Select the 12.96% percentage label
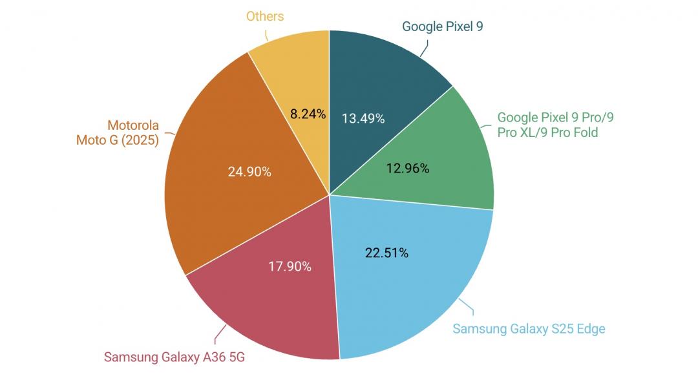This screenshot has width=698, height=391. (x=408, y=169)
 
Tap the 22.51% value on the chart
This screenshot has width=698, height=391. (x=387, y=253)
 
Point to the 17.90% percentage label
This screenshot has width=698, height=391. (x=290, y=266)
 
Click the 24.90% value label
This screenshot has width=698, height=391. (x=249, y=172)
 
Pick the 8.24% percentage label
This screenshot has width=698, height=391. (x=308, y=114)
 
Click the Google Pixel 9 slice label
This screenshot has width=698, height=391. (x=443, y=26)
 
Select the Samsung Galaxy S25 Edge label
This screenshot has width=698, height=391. (x=529, y=328)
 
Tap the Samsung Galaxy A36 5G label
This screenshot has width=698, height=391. (x=174, y=357)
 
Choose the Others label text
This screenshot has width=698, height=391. (x=265, y=16)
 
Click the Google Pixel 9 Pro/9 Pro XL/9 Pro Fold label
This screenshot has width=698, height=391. (x=556, y=125)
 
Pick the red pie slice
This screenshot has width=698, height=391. (x=271, y=304)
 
